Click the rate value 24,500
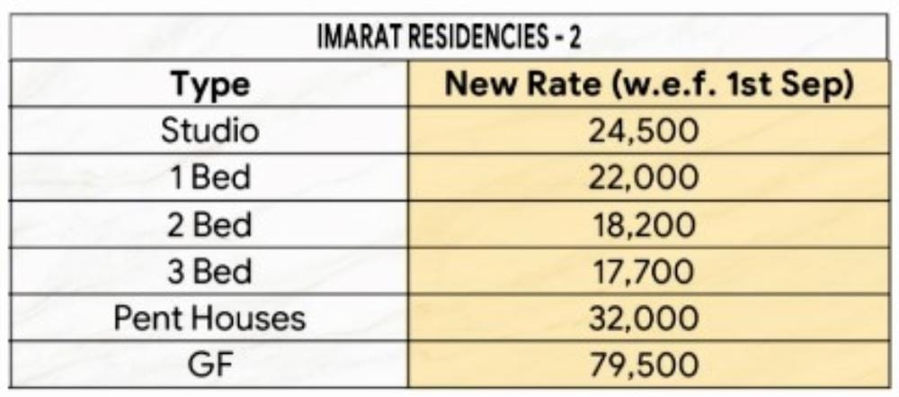pos(643,131)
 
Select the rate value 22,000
pos(643,178)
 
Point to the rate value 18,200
pos(643,225)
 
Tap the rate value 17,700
pos(643,272)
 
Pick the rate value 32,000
pos(643,319)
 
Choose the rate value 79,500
pos(643,365)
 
